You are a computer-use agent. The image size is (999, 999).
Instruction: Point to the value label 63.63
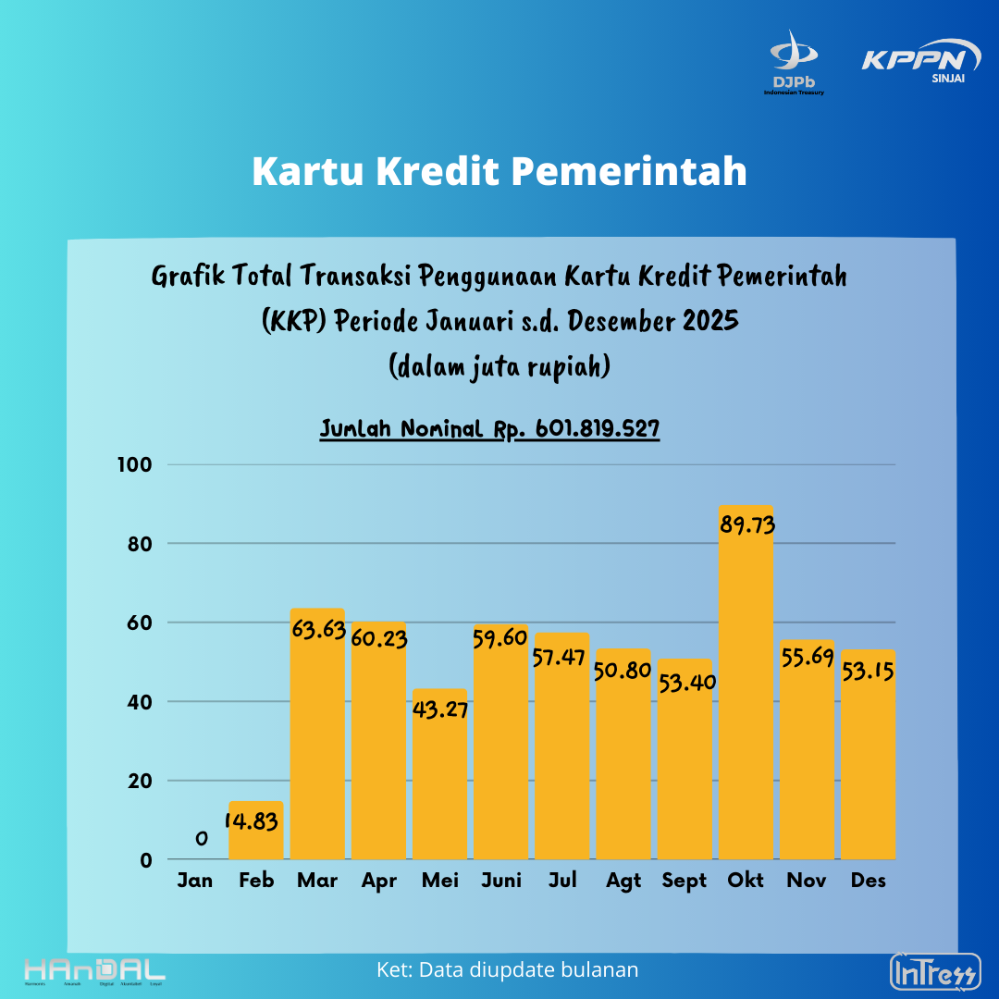[x=317, y=631]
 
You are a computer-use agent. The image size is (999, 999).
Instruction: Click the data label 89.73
[x=746, y=524]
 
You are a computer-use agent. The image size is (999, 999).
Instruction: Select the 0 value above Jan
[x=201, y=838]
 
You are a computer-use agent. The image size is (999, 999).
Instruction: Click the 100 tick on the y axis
[x=132, y=464]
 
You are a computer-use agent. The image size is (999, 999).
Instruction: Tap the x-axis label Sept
[x=684, y=881]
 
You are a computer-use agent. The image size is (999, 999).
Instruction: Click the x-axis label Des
[x=868, y=881]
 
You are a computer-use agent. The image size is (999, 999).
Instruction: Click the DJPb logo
[x=794, y=63]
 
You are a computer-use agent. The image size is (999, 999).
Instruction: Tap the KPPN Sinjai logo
[x=921, y=62]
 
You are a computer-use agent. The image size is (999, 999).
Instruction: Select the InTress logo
[x=934, y=972]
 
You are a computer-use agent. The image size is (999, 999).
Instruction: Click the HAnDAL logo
[x=94, y=971]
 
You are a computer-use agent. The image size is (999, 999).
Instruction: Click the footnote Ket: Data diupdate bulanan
[x=508, y=969]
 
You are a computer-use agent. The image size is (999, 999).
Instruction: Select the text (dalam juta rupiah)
[x=499, y=366]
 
